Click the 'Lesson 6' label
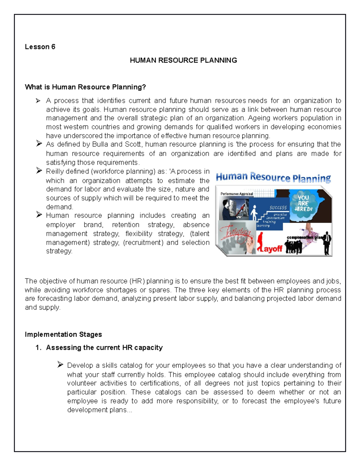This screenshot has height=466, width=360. tap(40, 47)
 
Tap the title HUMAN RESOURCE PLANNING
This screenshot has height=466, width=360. tap(183, 60)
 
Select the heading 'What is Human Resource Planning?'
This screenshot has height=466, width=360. tap(85, 87)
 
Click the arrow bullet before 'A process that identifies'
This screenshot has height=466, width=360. tap(38, 101)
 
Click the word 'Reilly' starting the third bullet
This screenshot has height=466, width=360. tap(55, 171)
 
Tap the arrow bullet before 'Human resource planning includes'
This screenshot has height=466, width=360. tap(39, 215)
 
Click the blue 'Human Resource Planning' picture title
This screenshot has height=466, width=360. tap(273, 177)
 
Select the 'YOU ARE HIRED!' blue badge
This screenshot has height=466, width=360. tap(303, 203)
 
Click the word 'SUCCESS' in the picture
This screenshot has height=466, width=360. tap(278, 208)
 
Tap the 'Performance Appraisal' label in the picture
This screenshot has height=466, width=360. tap(237, 194)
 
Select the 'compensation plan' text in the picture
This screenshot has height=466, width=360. tap(304, 237)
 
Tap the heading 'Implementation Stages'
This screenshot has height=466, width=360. tap(63, 334)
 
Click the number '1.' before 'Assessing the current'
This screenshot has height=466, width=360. tap(38, 348)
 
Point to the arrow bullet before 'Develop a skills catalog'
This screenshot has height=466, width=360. tap(60, 365)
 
